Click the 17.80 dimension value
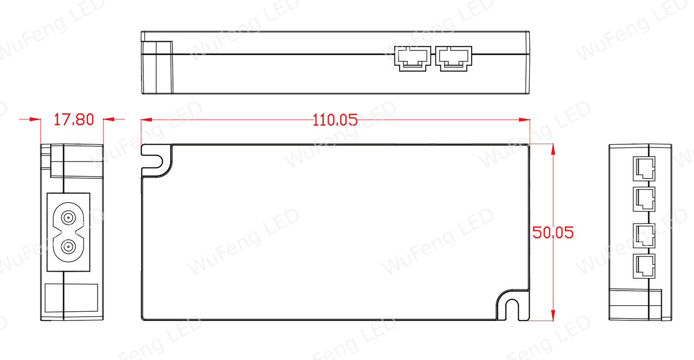tap(74, 120)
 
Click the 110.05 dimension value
tap(335, 120)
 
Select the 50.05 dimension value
tap(553, 233)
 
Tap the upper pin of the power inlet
tap(68, 218)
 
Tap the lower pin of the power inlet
tap(68, 247)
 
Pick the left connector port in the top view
tap(413, 59)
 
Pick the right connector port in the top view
tap(454, 59)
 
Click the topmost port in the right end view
tap(644, 169)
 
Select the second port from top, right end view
tap(644, 199)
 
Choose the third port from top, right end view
tap(644, 235)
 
